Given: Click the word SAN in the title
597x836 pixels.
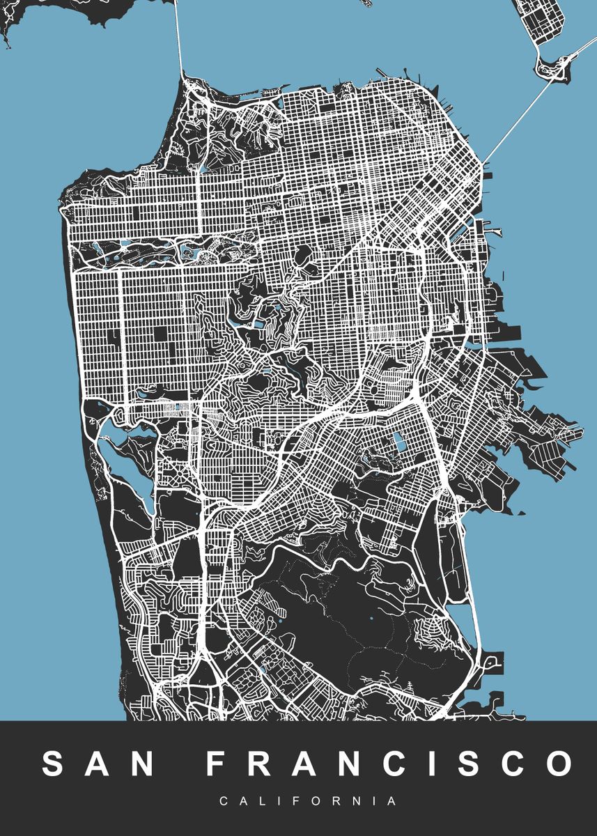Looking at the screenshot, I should pyautogui.click(x=98, y=764).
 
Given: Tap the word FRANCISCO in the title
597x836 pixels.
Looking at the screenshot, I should pyautogui.click(x=389, y=764).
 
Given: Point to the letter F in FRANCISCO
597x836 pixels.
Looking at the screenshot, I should pyautogui.click(x=218, y=764).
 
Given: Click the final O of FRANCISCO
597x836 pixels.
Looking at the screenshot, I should pyautogui.click(x=557, y=764).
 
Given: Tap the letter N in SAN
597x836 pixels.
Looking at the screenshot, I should pyautogui.click(x=143, y=764).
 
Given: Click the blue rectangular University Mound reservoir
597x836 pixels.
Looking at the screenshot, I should pyautogui.click(x=400, y=441).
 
